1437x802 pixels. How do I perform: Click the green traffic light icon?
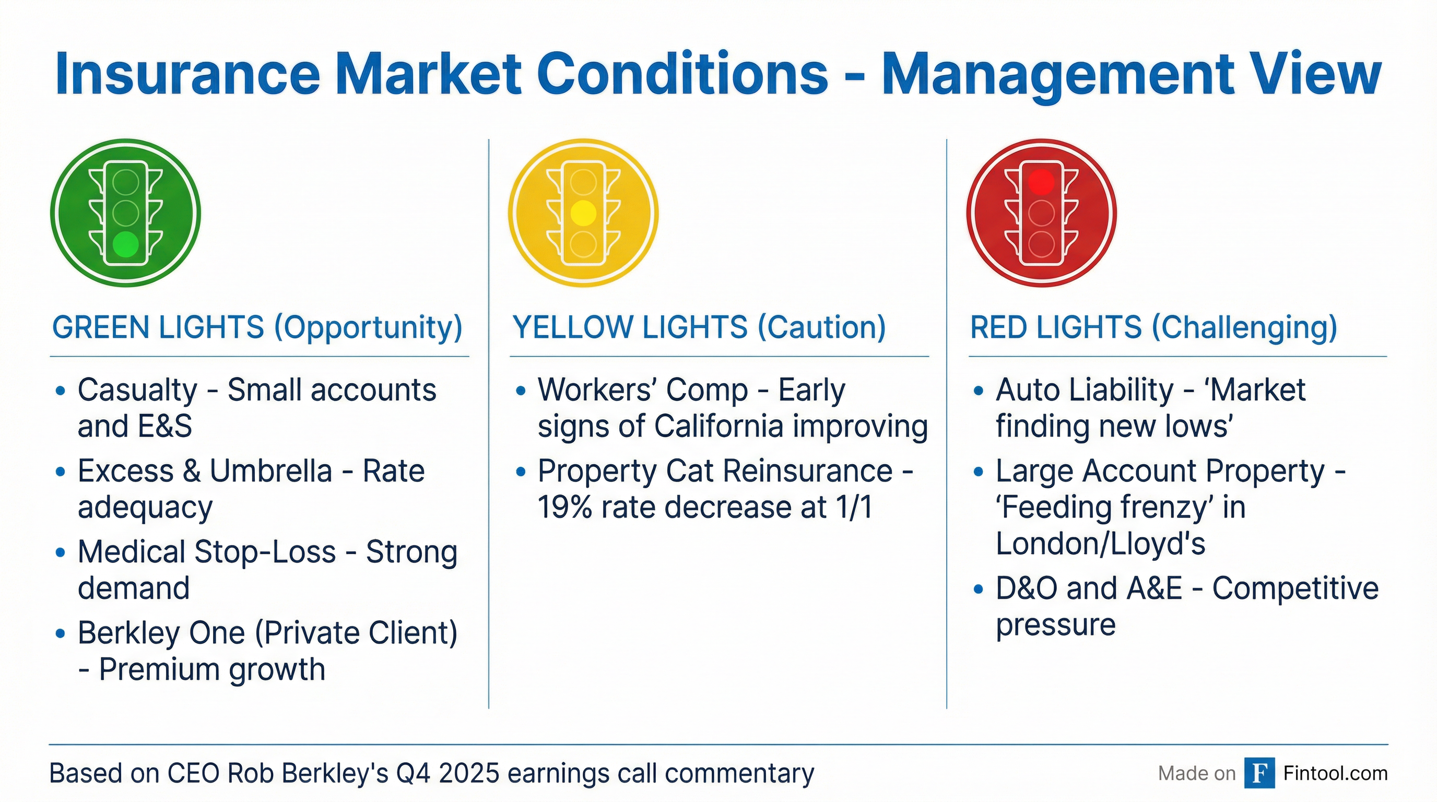pos(125,213)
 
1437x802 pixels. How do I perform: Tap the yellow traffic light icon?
pos(583,213)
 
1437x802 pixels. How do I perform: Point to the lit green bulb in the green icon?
pos(125,244)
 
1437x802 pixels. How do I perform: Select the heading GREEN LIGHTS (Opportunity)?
pos(257,327)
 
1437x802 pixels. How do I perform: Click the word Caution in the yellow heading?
pos(820,327)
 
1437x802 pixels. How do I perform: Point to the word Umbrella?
pos(271,471)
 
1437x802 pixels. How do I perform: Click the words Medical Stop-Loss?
pos(206,552)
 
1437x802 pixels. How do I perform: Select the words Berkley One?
pos(161,633)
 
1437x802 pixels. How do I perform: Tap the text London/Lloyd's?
pos(1100,544)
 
